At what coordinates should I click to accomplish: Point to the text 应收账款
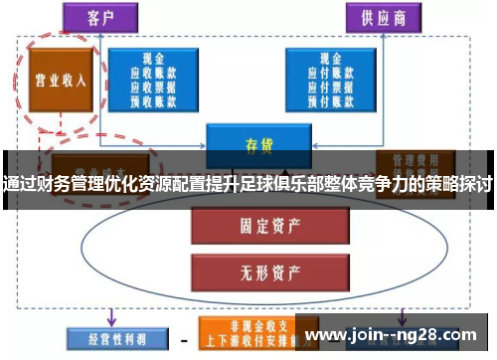point(156,73)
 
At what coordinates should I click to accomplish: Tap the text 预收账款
point(156,98)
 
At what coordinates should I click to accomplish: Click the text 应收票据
point(156,86)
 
